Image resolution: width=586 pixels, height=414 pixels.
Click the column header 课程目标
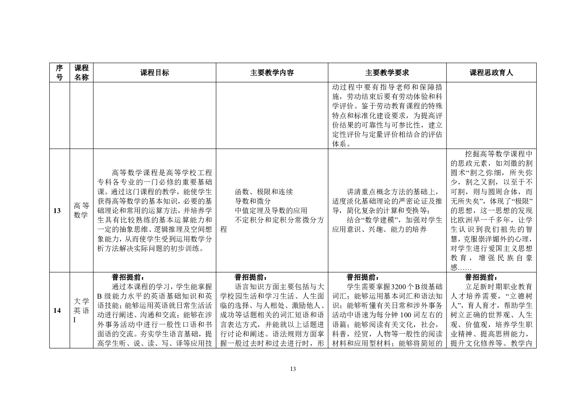tap(155, 73)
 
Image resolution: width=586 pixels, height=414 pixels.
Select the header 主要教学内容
tap(272, 73)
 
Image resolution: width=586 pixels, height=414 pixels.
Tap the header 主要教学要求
tap(387, 73)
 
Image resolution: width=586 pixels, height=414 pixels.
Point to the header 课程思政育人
tap(491, 73)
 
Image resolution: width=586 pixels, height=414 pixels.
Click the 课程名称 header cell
tap(81, 73)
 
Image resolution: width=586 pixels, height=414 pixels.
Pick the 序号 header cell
tap(60, 73)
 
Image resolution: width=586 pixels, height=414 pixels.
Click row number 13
tap(57, 211)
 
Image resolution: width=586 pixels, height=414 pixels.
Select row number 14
tap(57, 310)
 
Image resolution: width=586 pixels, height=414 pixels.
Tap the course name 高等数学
tap(81, 211)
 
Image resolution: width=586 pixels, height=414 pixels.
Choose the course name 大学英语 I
tap(81, 310)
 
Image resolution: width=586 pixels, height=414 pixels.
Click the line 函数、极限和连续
tap(264, 192)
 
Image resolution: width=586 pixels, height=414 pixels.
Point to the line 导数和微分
tap(253, 201)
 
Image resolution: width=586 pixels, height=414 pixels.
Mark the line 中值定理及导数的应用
tap(271, 211)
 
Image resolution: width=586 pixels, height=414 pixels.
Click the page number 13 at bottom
tap(293, 369)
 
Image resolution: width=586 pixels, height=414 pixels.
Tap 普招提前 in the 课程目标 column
tap(127, 277)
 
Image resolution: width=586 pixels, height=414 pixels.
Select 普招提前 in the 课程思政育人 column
tap(481, 277)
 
